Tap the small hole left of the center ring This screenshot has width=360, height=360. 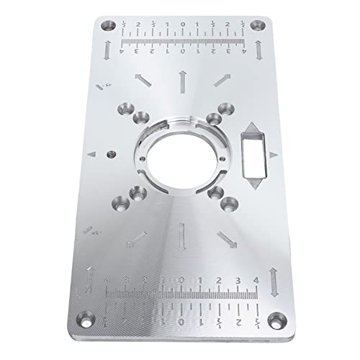111,154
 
